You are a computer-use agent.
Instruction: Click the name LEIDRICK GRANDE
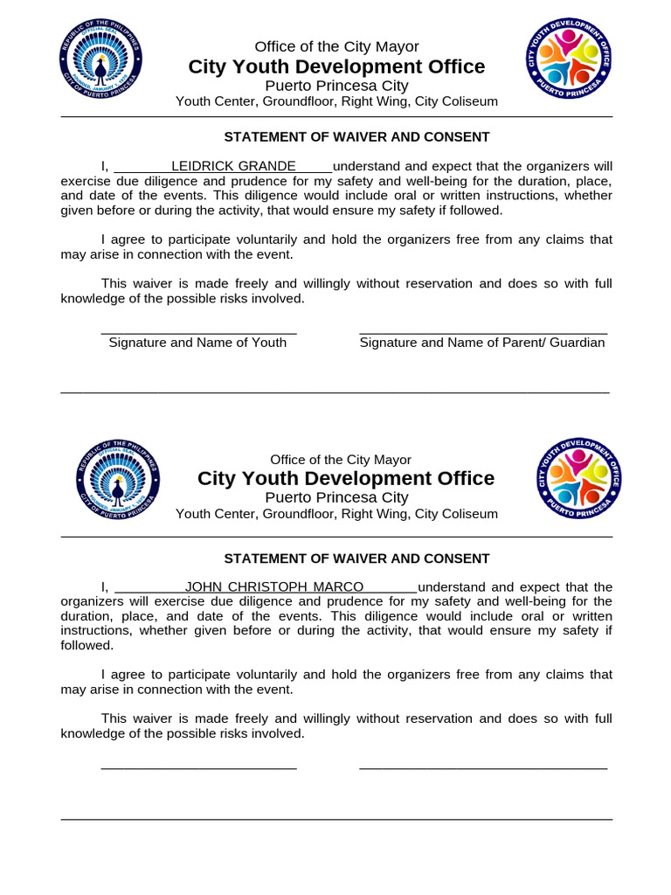(233, 166)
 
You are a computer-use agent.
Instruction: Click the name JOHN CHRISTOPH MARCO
(275, 586)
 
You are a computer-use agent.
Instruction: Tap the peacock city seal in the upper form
(100, 61)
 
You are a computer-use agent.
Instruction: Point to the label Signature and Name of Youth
(197, 343)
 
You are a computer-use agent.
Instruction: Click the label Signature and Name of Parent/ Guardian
(482, 343)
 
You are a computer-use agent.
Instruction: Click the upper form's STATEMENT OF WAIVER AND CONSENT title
(357, 137)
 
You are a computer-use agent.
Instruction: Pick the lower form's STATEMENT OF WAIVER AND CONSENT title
(357, 559)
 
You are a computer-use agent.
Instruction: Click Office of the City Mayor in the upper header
(336, 46)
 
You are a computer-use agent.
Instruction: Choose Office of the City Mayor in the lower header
(341, 460)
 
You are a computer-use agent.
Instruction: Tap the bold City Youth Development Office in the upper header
(336, 67)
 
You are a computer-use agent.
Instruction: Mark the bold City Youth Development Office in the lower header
(346, 479)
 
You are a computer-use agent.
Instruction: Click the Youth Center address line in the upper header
(336, 101)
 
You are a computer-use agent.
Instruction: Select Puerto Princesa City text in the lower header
(336, 497)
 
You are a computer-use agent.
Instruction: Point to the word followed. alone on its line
(87, 645)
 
